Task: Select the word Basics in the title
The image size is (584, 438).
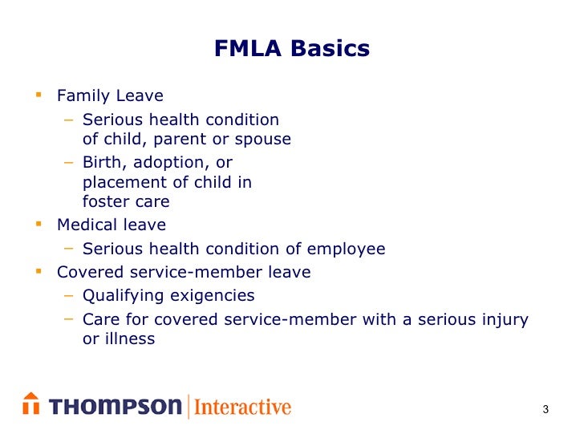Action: point(330,50)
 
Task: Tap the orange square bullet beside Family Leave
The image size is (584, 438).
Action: point(38,95)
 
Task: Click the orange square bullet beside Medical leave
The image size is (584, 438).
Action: point(38,225)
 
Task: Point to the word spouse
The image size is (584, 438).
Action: point(263,140)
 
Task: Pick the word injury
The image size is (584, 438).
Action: point(503,320)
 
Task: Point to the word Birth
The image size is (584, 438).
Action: point(103,163)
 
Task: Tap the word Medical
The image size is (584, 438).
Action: point(84,225)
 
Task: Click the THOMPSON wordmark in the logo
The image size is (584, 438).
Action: point(116,407)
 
